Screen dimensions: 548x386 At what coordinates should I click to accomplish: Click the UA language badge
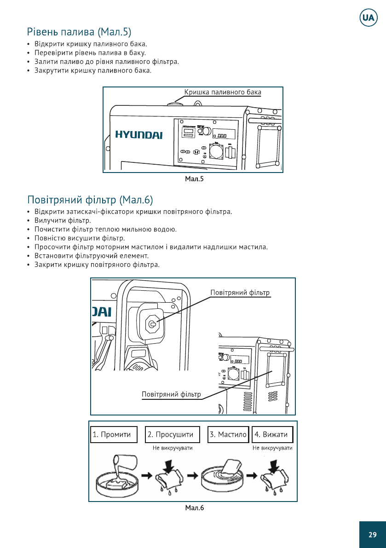tap(368, 18)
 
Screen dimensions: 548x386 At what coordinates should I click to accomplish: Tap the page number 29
tap(372, 535)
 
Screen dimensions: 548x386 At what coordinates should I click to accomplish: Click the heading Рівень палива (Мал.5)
tap(79, 32)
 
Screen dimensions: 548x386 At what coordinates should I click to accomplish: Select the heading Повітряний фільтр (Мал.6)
tap(90, 200)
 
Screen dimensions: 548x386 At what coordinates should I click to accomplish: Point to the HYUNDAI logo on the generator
tap(138, 135)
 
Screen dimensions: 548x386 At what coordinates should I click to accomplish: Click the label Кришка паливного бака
tap(223, 92)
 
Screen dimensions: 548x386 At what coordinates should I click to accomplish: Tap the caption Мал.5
tap(194, 179)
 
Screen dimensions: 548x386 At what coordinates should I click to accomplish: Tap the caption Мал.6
tap(194, 508)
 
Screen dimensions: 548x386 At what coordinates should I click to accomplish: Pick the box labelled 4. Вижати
tap(272, 434)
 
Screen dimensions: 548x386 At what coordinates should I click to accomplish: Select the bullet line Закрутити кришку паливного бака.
tap(93, 71)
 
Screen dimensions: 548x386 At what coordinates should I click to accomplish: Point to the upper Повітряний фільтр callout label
tap(240, 293)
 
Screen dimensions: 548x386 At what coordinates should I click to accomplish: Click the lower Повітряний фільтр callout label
tap(171, 394)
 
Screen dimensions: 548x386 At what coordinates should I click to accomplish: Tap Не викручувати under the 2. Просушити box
tap(173, 448)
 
